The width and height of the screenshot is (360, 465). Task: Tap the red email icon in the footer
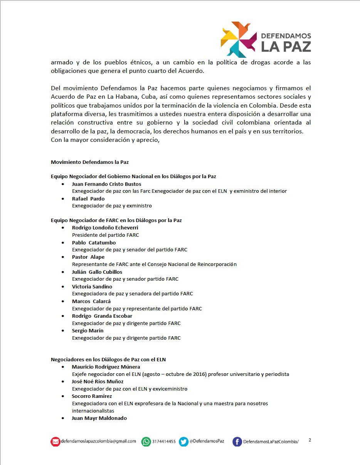tap(56, 442)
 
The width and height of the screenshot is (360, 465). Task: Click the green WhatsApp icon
tap(146, 442)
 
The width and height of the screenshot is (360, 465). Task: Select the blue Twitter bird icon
tap(183, 442)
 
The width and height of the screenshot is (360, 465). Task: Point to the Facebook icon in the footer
tap(237, 442)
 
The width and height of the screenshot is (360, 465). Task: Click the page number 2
tap(310, 440)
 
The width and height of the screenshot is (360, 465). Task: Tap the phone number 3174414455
tap(164, 442)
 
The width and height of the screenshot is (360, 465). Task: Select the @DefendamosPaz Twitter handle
tap(207, 441)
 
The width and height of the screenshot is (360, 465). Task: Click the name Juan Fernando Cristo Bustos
tap(106, 184)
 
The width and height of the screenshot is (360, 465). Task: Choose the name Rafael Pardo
tap(88, 199)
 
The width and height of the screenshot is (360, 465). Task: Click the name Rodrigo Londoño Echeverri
tap(105, 227)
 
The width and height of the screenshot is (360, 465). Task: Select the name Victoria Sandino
tap(92, 286)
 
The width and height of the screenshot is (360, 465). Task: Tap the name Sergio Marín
tap(87, 330)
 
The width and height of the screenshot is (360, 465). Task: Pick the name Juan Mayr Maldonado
tap(99, 418)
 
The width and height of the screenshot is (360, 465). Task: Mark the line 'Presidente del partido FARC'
tap(105, 235)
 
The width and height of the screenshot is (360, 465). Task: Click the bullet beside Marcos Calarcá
tap(63, 302)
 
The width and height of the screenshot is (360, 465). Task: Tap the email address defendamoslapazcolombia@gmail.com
tap(99, 441)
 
